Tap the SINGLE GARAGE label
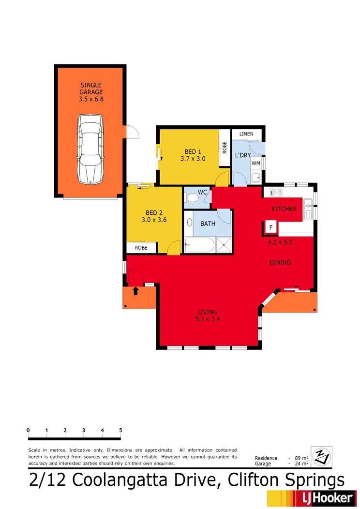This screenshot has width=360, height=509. click(91, 92)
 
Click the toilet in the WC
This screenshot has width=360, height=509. click(192, 197)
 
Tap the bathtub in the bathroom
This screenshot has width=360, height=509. click(199, 245)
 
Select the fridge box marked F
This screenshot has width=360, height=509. click(270, 227)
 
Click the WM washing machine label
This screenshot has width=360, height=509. click(256, 163)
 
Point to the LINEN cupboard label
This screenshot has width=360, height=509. click(247, 134)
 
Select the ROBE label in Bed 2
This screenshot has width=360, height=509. click(141, 248)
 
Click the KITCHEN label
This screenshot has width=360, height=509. click(284, 209)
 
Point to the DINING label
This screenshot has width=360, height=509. click(280, 263)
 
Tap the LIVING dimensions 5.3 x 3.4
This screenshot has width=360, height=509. click(207, 318)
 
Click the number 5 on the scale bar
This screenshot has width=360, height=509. click(120, 430)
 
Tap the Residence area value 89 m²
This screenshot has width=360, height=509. click(302, 458)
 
